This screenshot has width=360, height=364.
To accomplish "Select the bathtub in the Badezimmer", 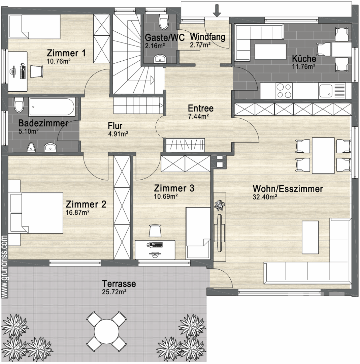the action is [52, 107].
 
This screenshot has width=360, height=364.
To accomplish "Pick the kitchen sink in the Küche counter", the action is [332, 91].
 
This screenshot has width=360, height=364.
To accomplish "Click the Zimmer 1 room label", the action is [66, 53].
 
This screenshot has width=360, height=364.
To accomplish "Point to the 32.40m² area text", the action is [265, 197].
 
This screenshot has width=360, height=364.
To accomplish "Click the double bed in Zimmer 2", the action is [36, 213].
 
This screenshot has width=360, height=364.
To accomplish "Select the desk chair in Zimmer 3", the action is [155, 231].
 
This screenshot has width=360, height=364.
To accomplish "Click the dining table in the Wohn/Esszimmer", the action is [323, 155].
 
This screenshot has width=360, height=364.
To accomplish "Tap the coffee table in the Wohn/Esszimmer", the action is [310, 237].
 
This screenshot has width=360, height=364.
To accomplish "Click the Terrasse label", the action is [119, 284].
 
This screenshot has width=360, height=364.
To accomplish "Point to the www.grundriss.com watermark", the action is [4, 267].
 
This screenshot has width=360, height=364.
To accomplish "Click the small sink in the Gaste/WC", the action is [160, 59].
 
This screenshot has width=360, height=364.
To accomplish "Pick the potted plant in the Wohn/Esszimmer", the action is [220, 205].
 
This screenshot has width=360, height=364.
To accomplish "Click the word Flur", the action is [115, 126].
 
